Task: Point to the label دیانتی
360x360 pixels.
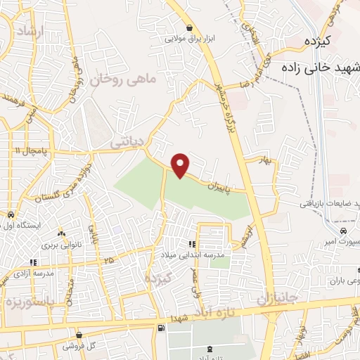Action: (127, 142)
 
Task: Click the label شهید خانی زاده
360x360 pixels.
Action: (321, 68)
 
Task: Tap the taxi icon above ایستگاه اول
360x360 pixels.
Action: (10, 214)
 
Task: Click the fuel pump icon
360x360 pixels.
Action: (163, 328)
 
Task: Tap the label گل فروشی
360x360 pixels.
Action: (79, 346)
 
